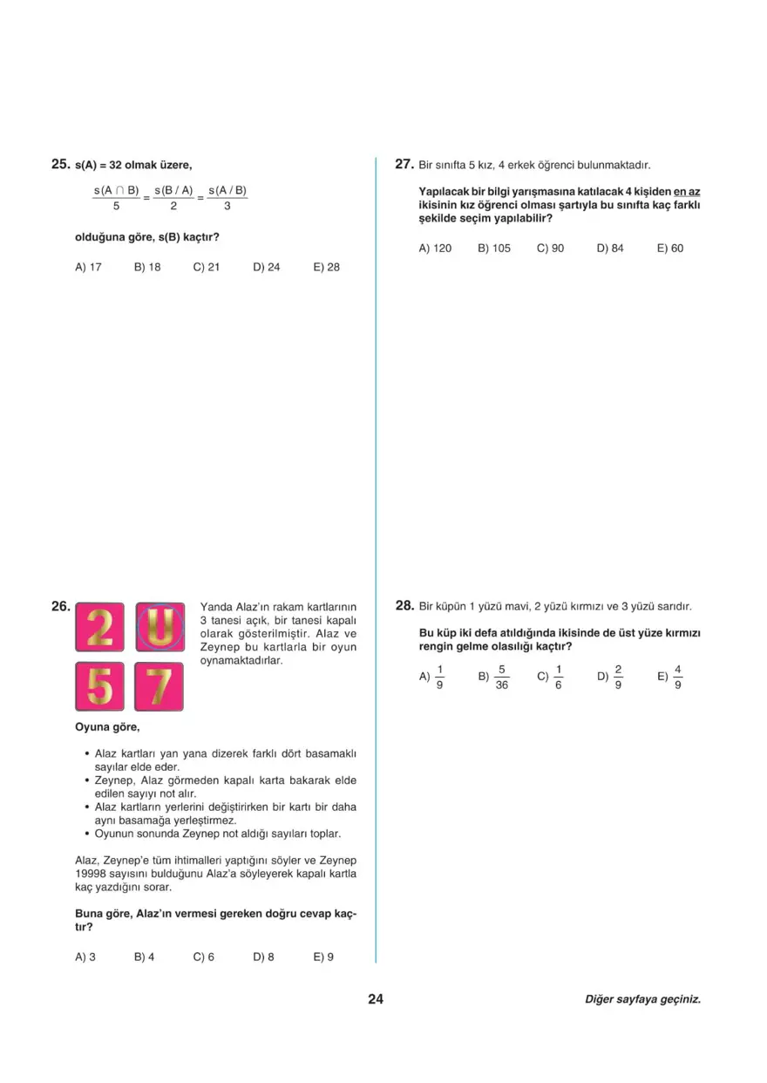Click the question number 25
(60, 164)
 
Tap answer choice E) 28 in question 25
(326, 267)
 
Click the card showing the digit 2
(100, 626)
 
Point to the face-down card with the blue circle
(159, 626)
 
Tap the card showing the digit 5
(100, 686)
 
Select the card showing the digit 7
(159, 686)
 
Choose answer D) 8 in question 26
(264, 957)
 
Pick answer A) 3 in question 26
(85, 957)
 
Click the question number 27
(404, 164)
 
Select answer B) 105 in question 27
(494, 249)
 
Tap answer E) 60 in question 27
(670, 249)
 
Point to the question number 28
(404, 605)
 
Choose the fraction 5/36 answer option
(495, 677)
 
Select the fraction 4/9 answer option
(672, 677)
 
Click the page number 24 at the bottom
(376, 999)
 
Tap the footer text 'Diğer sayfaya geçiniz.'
(642, 1000)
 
